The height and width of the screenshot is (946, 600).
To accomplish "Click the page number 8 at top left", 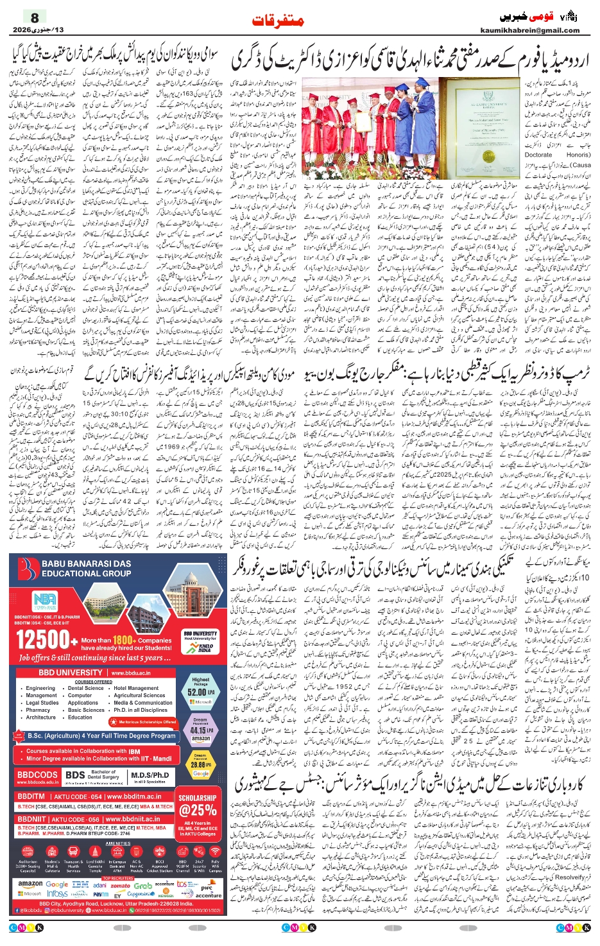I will (x=35, y=17).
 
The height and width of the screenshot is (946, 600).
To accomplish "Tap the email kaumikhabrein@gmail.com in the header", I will (x=529, y=30).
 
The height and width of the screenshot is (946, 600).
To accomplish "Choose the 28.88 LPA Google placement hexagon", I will (x=200, y=764).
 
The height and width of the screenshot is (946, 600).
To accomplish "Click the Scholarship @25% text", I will (x=198, y=806).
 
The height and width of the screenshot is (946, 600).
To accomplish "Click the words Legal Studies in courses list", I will (x=42, y=703).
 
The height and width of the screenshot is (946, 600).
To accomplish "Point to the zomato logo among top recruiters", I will (x=120, y=886).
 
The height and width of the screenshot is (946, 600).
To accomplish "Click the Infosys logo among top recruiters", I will (x=57, y=893).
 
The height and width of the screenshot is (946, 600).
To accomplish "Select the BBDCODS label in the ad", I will (x=37, y=775).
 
